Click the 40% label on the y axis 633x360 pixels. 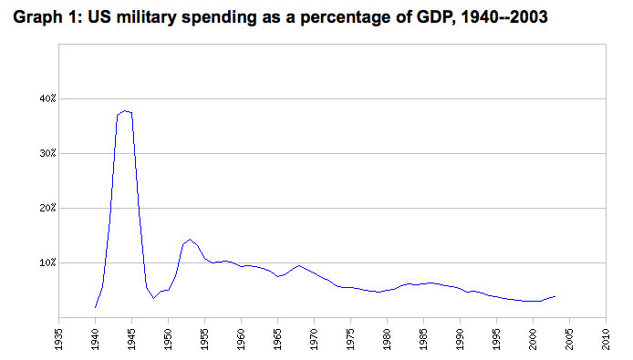pyautogui.click(x=47, y=98)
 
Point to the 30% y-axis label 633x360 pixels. pyautogui.click(x=47, y=154)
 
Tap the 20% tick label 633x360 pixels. pyautogui.click(x=47, y=208)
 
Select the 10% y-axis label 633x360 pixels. pyautogui.click(x=47, y=263)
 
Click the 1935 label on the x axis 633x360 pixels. pyautogui.click(x=59, y=339)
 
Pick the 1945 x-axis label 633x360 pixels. pyautogui.click(x=132, y=339)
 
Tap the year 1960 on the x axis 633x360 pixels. pyautogui.click(x=242, y=339)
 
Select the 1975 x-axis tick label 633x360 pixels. pyautogui.click(x=351, y=339)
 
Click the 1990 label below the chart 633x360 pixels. pyautogui.click(x=461, y=339)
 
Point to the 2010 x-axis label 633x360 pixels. pyautogui.click(x=606, y=339)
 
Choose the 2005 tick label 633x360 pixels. pyautogui.click(x=570, y=339)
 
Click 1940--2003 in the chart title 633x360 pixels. pyautogui.click(x=504, y=17)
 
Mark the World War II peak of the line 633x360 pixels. pyautogui.click(x=125, y=110)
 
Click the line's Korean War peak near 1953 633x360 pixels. pyautogui.click(x=190, y=240)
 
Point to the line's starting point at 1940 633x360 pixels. pyautogui.click(x=95, y=307)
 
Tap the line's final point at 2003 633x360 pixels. pyautogui.click(x=555, y=296)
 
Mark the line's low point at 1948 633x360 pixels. pyautogui.click(x=153, y=298)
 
